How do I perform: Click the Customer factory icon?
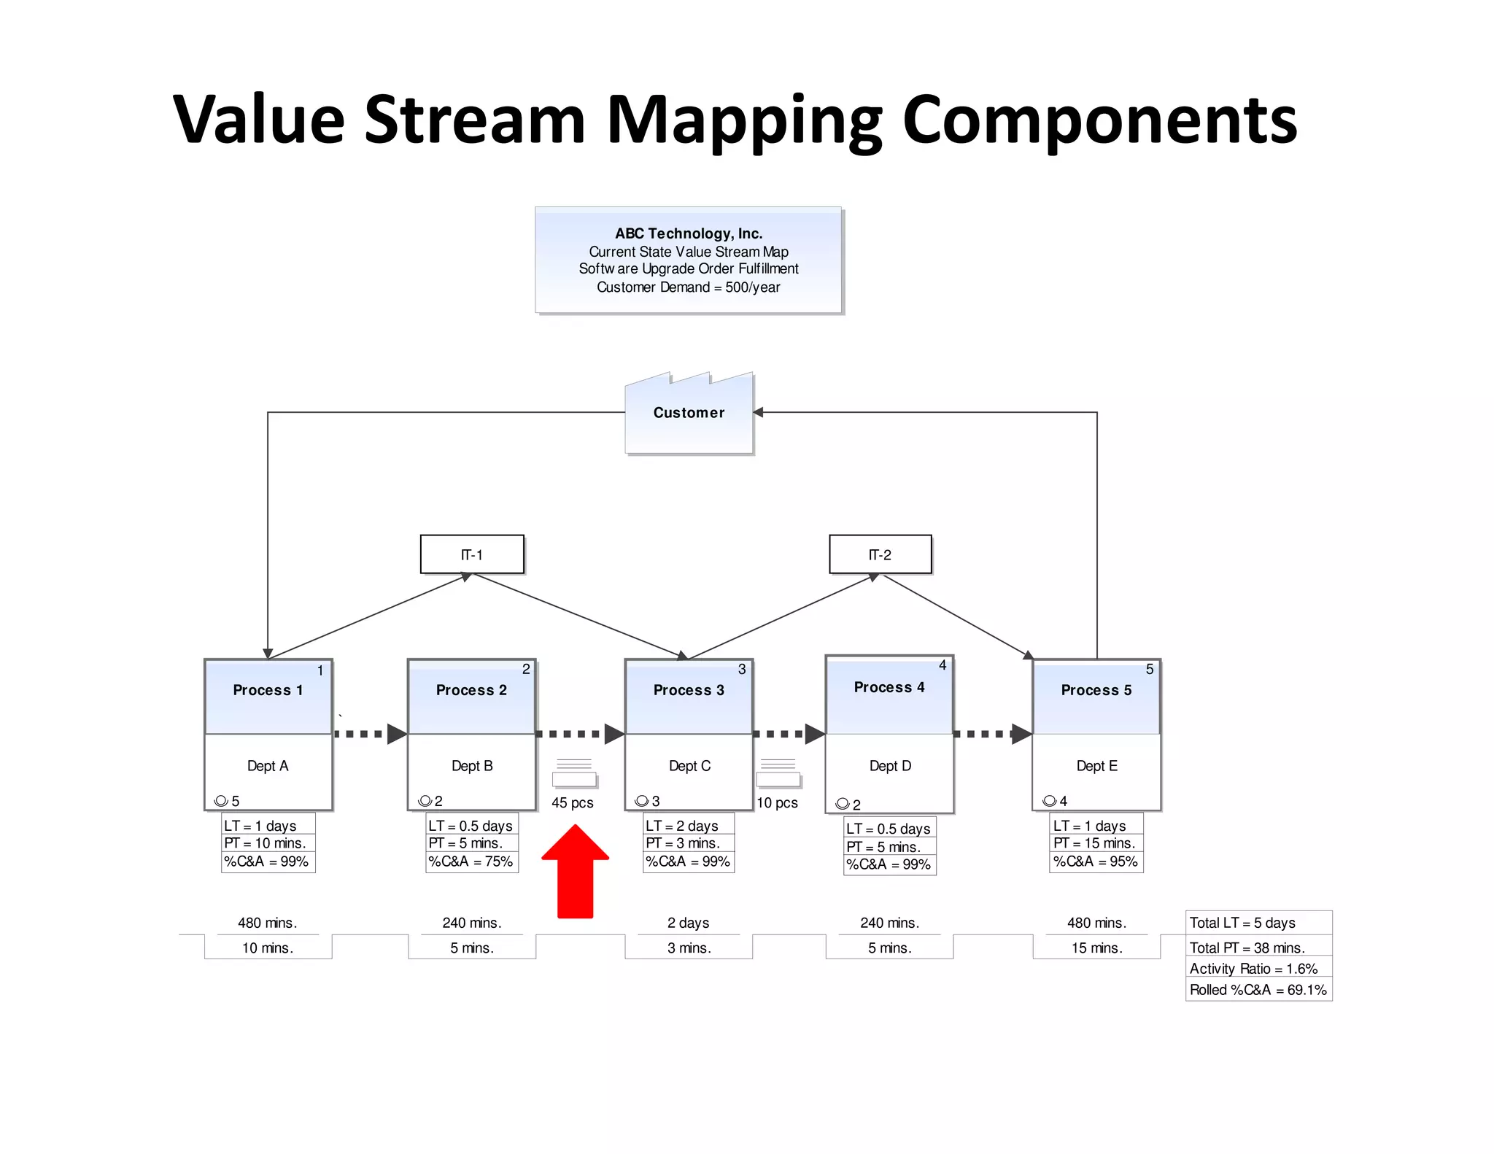tap(689, 414)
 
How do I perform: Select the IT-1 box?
tap(472, 554)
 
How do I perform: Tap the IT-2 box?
tap(880, 554)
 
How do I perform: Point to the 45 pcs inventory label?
tap(573, 802)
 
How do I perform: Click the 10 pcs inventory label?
tap(777, 802)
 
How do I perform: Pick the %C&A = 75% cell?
tap(471, 861)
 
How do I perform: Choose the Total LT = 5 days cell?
tap(1258, 923)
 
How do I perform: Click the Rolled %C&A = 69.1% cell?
tap(1258, 990)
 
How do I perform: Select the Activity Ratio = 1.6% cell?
tap(1258, 969)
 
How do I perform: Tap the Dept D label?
tap(890, 766)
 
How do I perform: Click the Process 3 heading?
tap(689, 690)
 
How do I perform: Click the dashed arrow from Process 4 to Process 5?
tap(993, 734)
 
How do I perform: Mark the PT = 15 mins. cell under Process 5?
tap(1095, 843)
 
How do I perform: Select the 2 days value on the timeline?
tap(688, 923)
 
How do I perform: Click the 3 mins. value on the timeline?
tap(689, 948)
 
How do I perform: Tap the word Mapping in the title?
tap(744, 120)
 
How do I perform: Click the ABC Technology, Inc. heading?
tap(689, 233)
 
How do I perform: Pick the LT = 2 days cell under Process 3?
tap(688, 826)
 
